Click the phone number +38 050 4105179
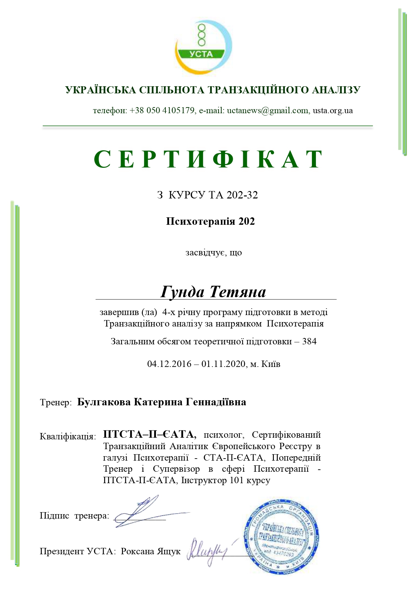(162, 111)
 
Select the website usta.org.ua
(333, 111)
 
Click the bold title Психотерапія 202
(210, 221)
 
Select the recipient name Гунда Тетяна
(213, 291)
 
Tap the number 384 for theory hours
(309, 341)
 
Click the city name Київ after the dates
(271, 364)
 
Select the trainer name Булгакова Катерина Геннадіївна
(162, 402)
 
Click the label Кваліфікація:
(68, 436)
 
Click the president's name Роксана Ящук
(151, 551)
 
